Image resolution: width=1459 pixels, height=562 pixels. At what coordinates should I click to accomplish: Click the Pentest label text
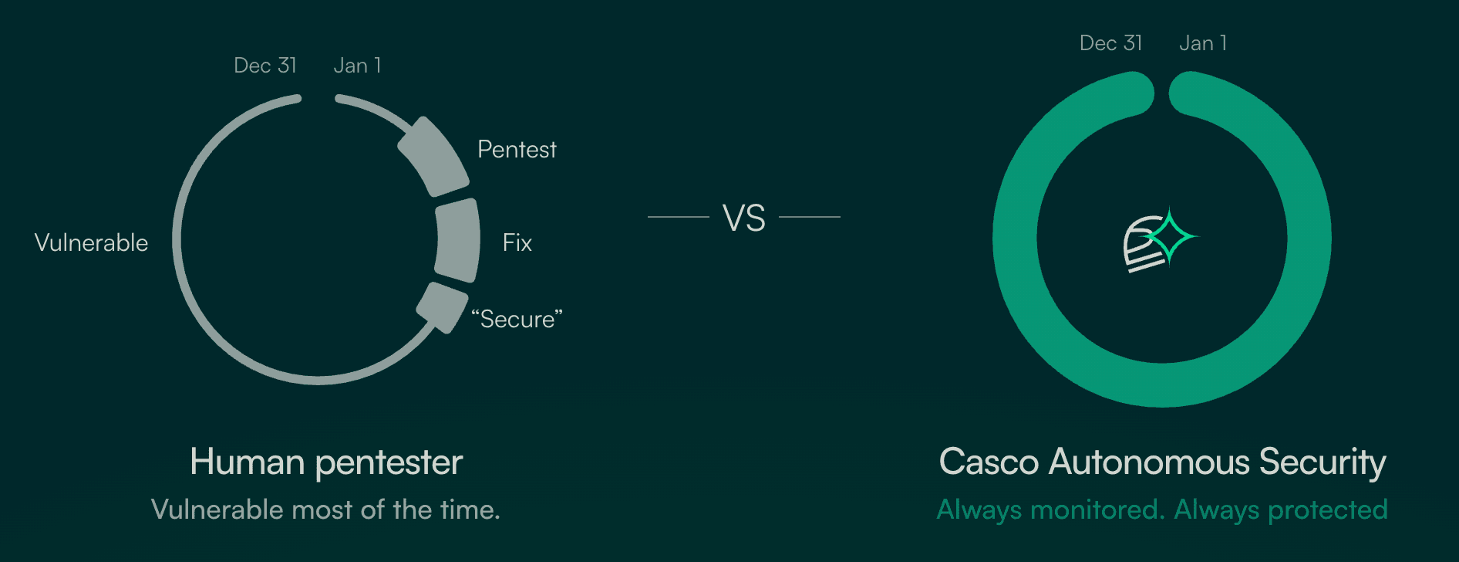(517, 150)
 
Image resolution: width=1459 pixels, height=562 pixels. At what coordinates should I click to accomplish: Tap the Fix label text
(517, 243)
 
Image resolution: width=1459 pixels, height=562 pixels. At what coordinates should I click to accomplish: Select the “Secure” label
(517, 320)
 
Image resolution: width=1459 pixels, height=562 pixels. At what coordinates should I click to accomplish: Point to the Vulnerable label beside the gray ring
(91, 243)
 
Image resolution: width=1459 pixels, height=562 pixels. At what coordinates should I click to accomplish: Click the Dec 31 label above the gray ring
(265, 66)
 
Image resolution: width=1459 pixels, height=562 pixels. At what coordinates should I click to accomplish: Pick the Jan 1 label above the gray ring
(357, 66)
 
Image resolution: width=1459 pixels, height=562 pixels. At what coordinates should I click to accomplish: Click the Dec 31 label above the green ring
(1110, 43)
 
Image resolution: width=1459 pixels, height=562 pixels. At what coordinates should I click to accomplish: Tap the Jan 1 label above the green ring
(1203, 43)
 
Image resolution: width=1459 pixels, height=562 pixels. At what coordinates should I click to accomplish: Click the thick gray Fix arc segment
(458, 240)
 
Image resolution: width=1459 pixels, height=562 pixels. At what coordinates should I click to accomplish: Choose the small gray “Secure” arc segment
(441, 306)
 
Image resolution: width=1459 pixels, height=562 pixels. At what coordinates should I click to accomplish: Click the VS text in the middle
(744, 218)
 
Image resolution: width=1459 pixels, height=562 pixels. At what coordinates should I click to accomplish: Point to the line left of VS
(678, 217)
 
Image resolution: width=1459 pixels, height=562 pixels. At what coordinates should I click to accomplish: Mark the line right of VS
(810, 217)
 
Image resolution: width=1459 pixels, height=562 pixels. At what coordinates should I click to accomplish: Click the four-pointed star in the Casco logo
(1169, 236)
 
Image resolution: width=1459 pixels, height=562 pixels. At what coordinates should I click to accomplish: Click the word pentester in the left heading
(389, 462)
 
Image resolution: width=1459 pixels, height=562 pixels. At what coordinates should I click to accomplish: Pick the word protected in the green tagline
(1327, 510)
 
